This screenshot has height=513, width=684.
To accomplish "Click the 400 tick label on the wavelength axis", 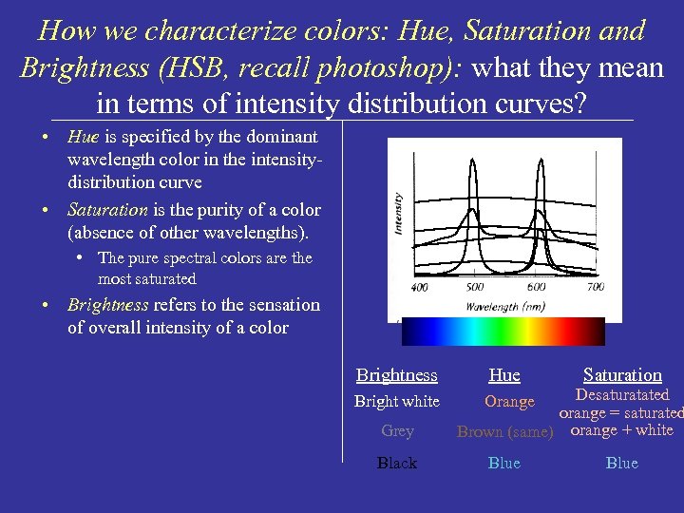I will click(419, 287).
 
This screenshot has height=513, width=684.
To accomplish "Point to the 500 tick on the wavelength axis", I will click(475, 287).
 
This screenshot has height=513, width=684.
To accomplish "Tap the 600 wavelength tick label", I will click(537, 287).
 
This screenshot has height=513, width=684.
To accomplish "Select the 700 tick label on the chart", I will click(595, 287).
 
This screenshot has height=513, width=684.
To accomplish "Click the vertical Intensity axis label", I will click(397, 214).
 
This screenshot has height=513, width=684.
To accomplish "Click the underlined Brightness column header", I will click(396, 375).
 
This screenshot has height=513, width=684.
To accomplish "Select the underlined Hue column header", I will click(504, 375).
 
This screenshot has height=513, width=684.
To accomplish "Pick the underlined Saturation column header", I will click(622, 375).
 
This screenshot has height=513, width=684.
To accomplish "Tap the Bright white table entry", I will click(396, 402).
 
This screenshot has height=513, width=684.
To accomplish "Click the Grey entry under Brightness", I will click(397, 431).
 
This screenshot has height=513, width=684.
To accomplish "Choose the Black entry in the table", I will click(397, 464).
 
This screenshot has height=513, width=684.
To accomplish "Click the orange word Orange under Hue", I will click(509, 402).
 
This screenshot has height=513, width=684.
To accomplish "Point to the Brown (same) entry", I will click(504, 432).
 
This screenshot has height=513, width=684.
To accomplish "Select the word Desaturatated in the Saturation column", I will click(622, 395).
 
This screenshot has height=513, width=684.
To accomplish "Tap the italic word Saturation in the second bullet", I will click(107, 210).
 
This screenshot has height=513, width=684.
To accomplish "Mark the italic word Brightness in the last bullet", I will click(107, 305).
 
